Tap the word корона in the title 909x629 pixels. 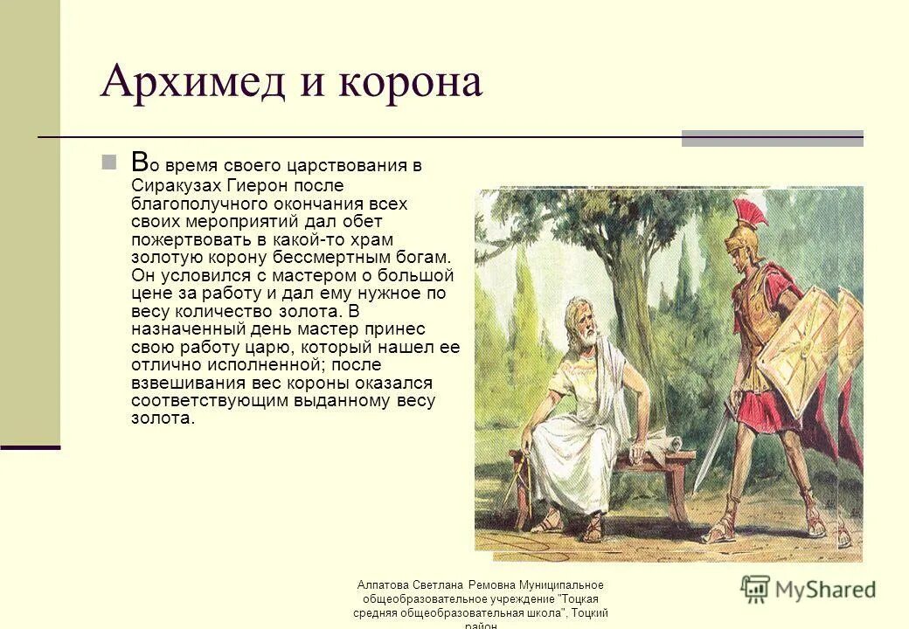tap(412, 83)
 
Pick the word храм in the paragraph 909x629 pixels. tap(371, 238)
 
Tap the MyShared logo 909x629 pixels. tap(808, 589)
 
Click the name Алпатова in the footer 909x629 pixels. tap(385, 585)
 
